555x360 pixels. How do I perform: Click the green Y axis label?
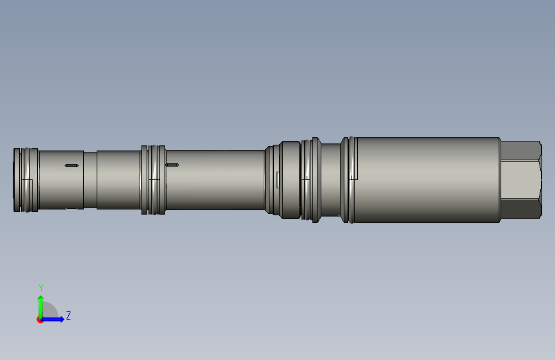[41, 288]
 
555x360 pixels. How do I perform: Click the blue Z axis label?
[68, 315]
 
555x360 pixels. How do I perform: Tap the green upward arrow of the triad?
[41, 307]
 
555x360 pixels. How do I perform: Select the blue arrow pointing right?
[52, 319]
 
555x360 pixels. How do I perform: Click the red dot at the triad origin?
[40, 320]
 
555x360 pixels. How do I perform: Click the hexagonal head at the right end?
[521, 180]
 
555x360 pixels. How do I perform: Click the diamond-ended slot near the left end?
[72, 165]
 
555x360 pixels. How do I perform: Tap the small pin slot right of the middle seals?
[172, 165]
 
